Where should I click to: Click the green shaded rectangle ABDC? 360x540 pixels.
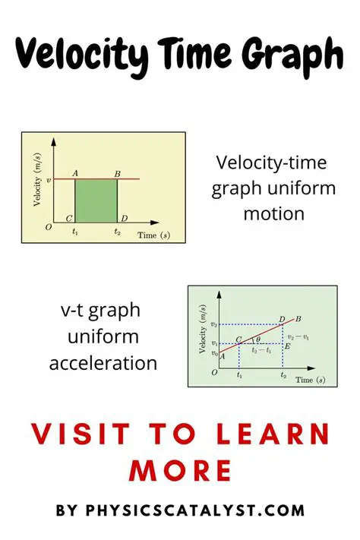(x=96, y=201)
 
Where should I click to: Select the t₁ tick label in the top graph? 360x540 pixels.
(x=75, y=232)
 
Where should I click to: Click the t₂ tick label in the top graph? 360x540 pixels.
(x=117, y=232)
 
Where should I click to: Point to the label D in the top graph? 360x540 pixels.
(x=124, y=219)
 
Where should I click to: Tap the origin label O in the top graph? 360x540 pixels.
(x=47, y=227)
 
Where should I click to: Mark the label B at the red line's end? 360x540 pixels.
(x=298, y=318)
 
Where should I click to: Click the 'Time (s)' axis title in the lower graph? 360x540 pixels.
(x=311, y=379)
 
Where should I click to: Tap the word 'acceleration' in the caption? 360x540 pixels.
(x=103, y=363)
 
